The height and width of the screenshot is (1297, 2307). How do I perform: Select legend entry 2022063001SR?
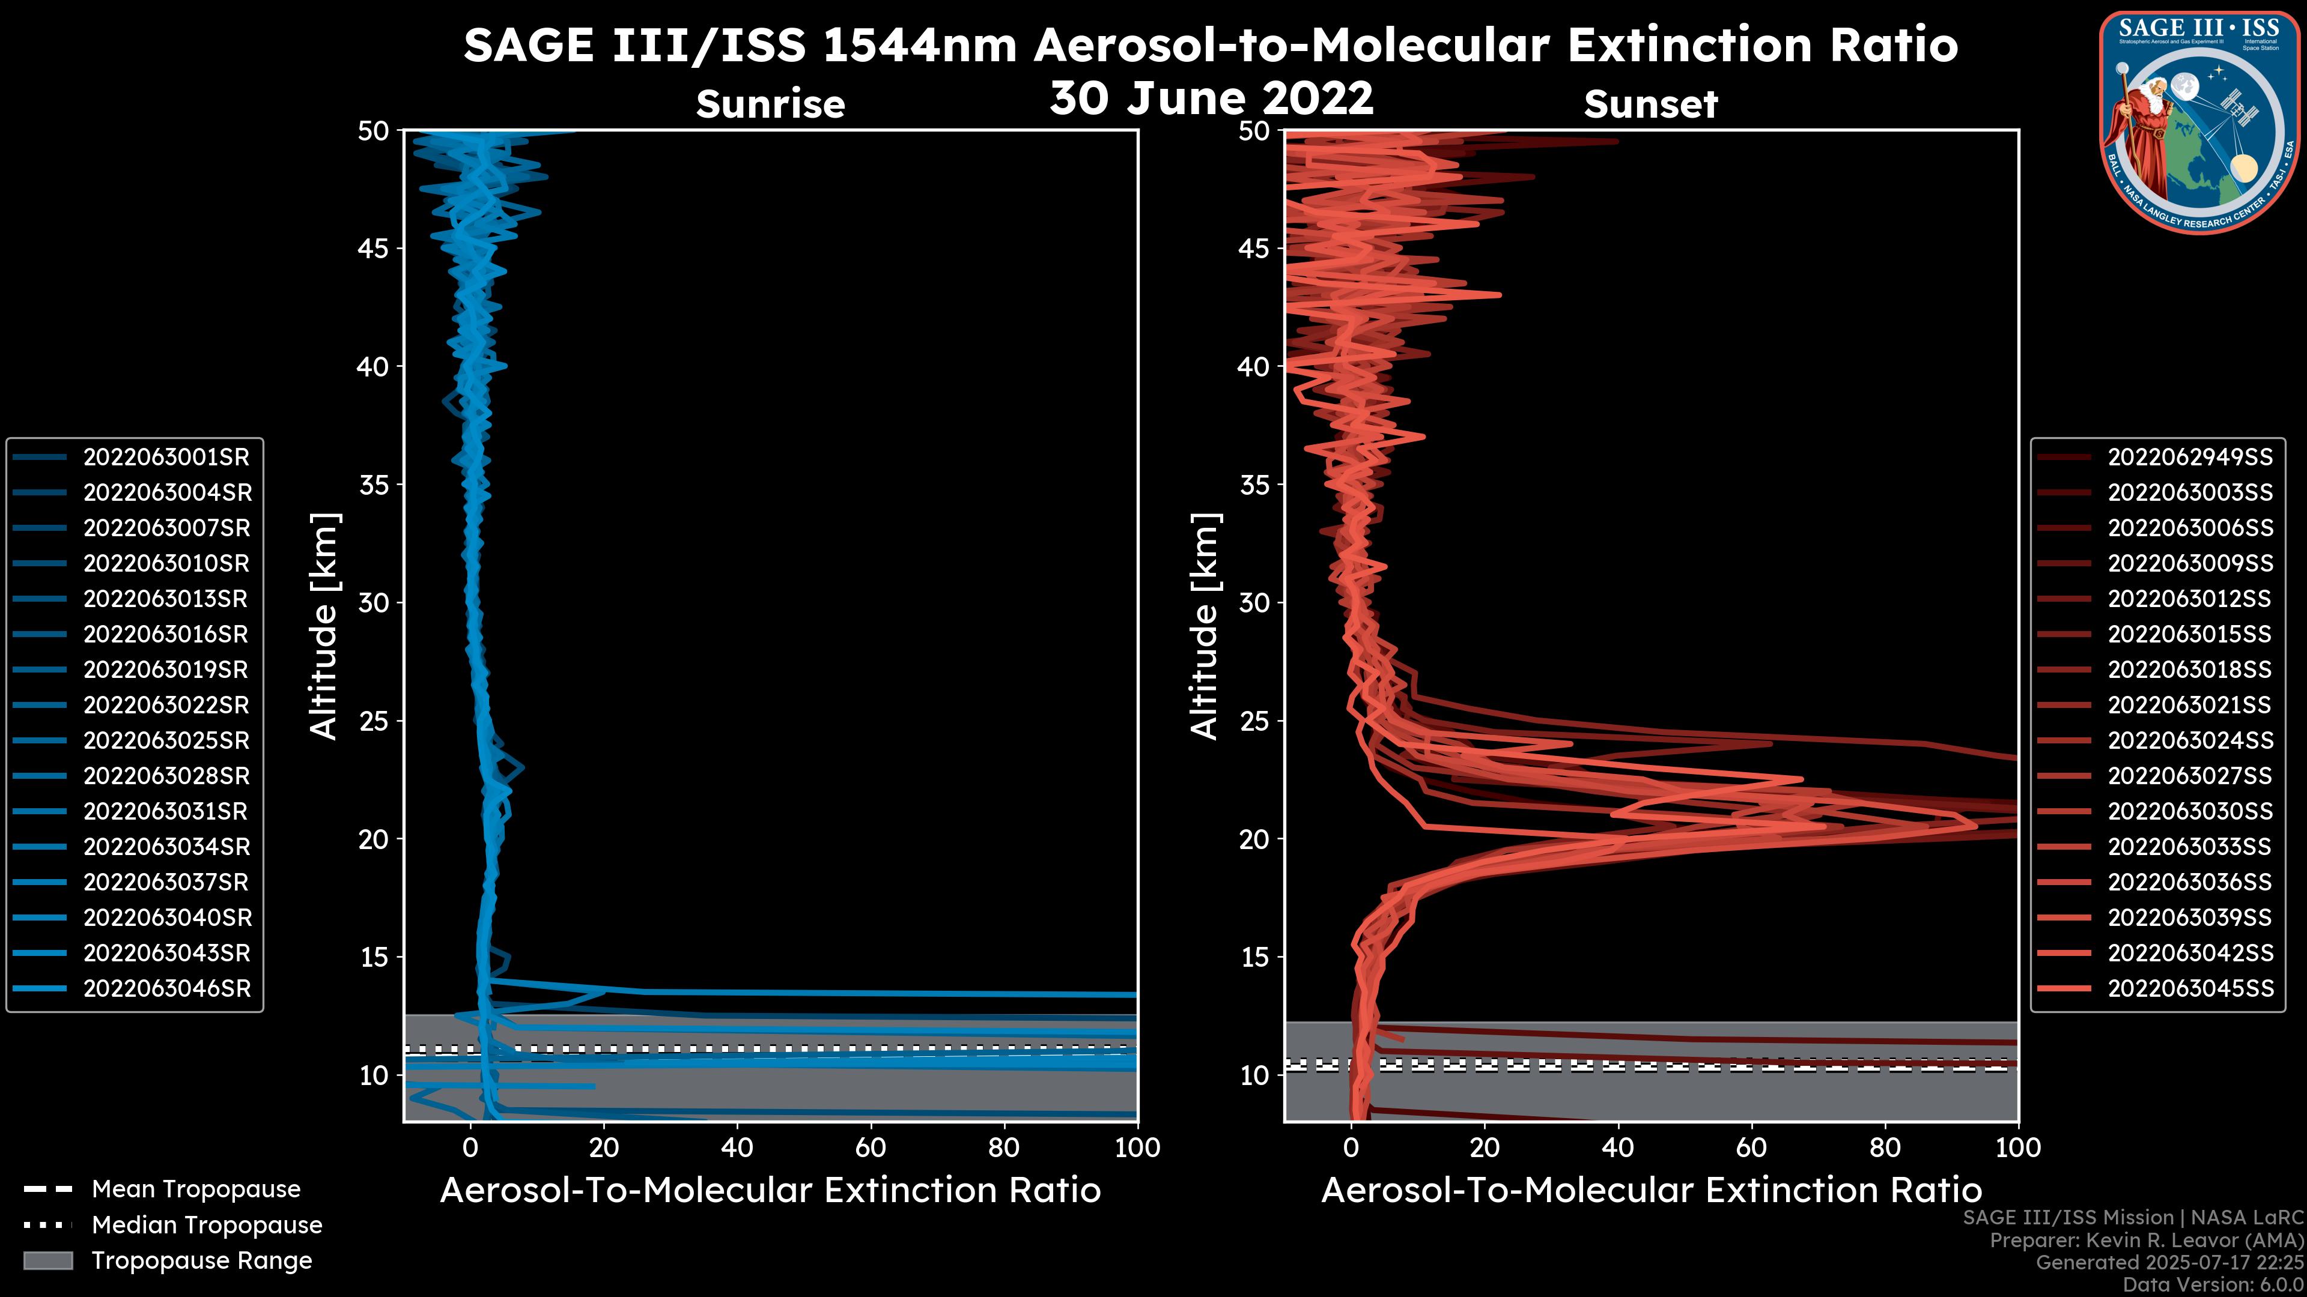[166, 458]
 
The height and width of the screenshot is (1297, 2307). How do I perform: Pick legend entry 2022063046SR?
[166, 989]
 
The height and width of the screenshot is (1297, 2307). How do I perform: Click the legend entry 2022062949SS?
[2190, 458]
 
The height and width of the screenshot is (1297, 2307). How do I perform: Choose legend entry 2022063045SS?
[2190, 989]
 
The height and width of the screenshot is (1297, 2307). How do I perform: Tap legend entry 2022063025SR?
[166, 741]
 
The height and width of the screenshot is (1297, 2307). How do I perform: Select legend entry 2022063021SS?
[2190, 706]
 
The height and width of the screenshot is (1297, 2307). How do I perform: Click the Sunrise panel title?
[770, 104]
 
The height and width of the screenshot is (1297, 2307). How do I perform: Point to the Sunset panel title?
[1650, 104]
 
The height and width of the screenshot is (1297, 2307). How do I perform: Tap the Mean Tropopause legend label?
[196, 1190]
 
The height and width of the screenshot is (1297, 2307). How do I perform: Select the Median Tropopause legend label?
[207, 1226]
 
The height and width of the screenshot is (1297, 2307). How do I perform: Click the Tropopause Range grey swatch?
[48, 1261]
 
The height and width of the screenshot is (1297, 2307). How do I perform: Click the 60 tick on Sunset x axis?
[1751, 1147]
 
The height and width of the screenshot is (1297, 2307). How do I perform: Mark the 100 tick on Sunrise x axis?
[1137, 1147]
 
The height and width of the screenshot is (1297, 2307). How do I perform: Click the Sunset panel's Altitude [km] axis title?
[1205, 626]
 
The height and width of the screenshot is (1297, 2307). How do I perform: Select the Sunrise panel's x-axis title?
[770, 1191]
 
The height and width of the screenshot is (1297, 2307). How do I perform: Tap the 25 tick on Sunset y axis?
[1254, 721]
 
